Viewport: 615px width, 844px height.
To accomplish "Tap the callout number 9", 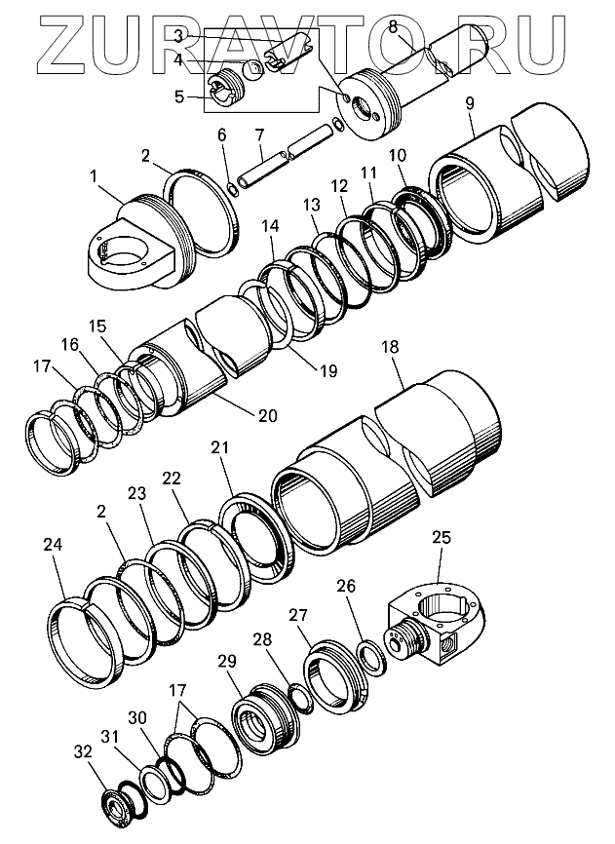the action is point(471,102).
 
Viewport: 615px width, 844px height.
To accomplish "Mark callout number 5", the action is point(178,96).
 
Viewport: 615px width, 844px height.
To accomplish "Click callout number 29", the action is point(227,660).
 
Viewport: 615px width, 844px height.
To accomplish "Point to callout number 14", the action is point(270,226).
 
